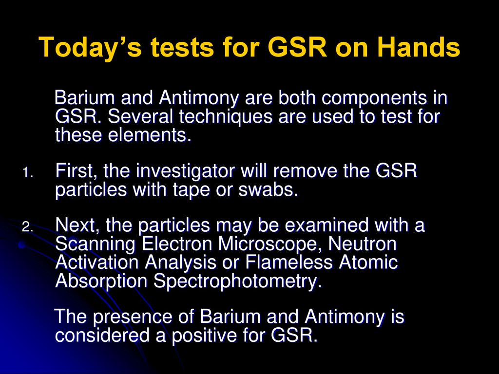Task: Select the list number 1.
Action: (x=27, y=173)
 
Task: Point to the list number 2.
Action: (x=27, y=227)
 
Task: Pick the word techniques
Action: (x=226, y=117)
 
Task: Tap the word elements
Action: (x=150, y=135)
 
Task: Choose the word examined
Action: (x=326, y=225)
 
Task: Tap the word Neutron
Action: (x=362, y=244)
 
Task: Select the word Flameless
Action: (x=288, y=262)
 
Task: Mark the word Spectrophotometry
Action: (x=237, y=282)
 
